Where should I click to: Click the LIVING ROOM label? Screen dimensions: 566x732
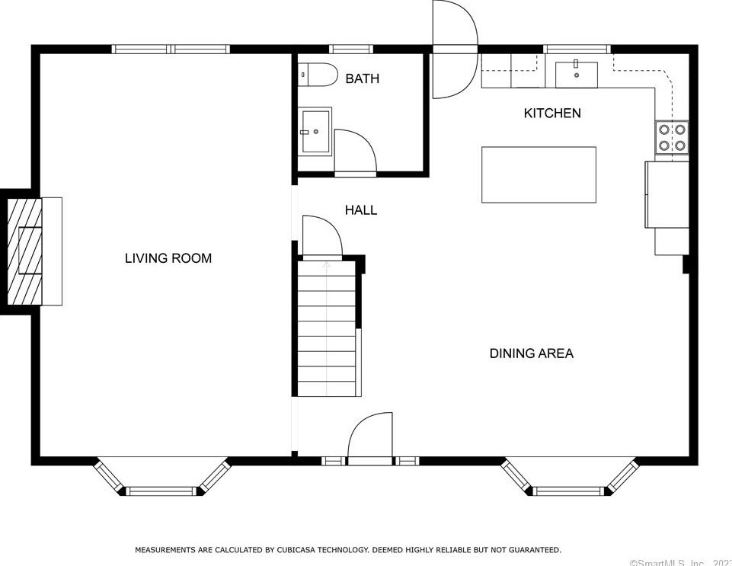point(168,258)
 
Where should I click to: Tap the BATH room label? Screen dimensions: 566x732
point(362,78)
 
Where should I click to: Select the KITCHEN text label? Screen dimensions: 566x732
point(552,113)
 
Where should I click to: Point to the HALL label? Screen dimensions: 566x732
point(360,210)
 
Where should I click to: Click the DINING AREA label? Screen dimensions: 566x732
point(531,353)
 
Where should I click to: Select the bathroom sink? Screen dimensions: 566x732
point(314,131)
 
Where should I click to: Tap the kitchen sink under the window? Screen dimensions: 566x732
point(576,75)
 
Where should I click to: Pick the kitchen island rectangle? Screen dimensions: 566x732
point(539,174)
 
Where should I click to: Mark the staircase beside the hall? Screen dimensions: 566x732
point(328,328)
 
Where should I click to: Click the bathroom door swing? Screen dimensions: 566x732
point(355,152)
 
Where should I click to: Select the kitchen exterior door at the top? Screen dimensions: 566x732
point(454,50)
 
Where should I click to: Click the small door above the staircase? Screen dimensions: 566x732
point(321,237)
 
